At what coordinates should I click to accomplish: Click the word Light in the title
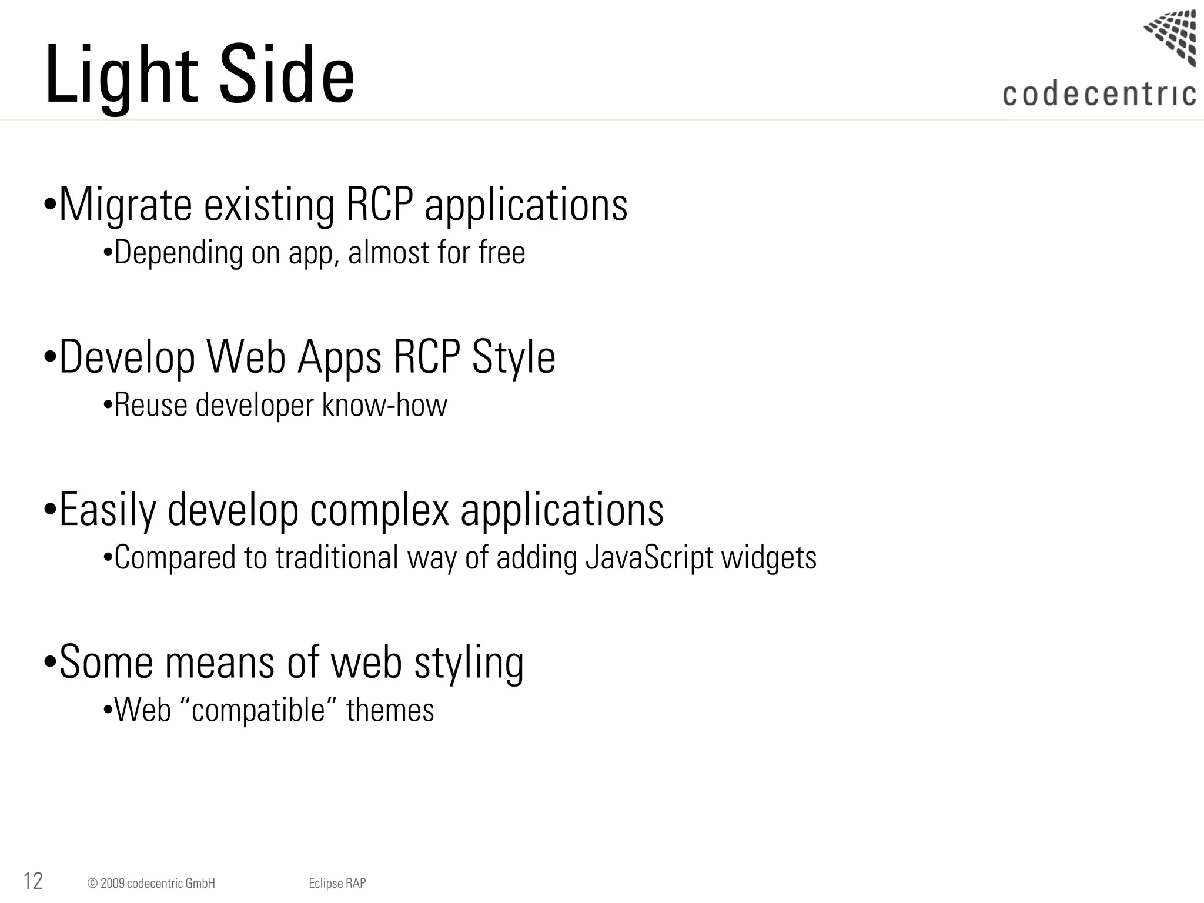tap(121, 75)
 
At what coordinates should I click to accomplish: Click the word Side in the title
tap(287, 75)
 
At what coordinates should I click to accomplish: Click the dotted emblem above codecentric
tap(1172, 36)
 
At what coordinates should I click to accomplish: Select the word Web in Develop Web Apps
tap(246, 357)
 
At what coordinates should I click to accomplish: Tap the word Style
tap(513, 357)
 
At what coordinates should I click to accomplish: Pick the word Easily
tap(108, 510)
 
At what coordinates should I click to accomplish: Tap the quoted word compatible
tap(258, 710)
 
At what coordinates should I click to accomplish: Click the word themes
tap(390, 710)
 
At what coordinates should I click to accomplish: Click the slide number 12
tap(33, 881)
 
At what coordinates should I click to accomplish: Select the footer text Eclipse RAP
tap(337, 883)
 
